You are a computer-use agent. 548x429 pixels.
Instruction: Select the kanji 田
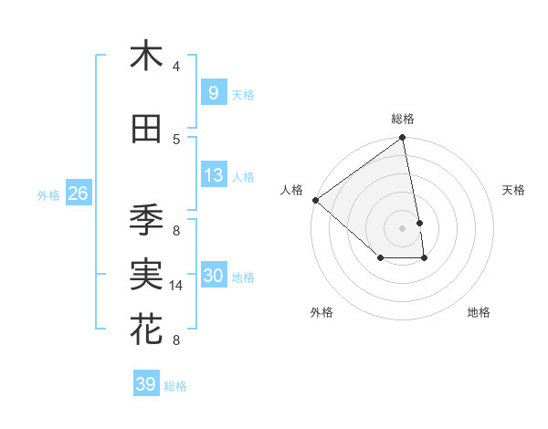146,130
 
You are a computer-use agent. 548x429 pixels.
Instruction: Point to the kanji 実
146,275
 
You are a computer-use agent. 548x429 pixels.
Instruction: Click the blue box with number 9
213,92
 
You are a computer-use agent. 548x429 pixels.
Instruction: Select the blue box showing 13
213,175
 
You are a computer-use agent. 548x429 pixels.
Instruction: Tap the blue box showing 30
213,276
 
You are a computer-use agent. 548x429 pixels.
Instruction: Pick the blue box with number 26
78,194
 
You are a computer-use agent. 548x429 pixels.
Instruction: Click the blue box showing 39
145,384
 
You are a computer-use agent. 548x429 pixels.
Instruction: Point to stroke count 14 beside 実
177,286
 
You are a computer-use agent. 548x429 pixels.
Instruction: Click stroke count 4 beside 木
176,67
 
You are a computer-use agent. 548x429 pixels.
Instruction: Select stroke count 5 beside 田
176,140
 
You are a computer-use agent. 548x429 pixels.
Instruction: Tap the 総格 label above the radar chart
403,119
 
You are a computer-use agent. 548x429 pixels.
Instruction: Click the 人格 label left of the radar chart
292,190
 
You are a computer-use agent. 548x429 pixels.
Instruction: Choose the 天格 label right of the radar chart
514,190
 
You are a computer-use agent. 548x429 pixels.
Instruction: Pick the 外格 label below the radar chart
321,312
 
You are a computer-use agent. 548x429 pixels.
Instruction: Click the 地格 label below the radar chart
479,312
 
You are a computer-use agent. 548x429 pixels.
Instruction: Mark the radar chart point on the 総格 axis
402,139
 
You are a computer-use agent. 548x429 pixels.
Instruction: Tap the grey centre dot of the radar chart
402,227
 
